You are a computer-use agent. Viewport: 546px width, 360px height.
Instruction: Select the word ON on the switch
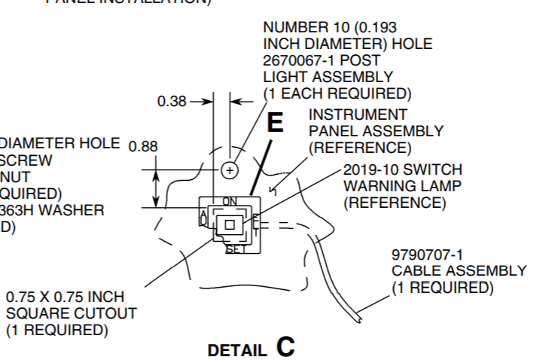point(229,201)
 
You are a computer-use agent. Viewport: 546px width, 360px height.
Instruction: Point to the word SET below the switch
point(236,249)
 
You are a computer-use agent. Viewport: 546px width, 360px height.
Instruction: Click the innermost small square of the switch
point(231,224)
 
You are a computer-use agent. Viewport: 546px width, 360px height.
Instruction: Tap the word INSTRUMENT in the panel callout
point(358,114)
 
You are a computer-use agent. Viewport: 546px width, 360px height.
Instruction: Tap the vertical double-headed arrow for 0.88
point(156,188)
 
